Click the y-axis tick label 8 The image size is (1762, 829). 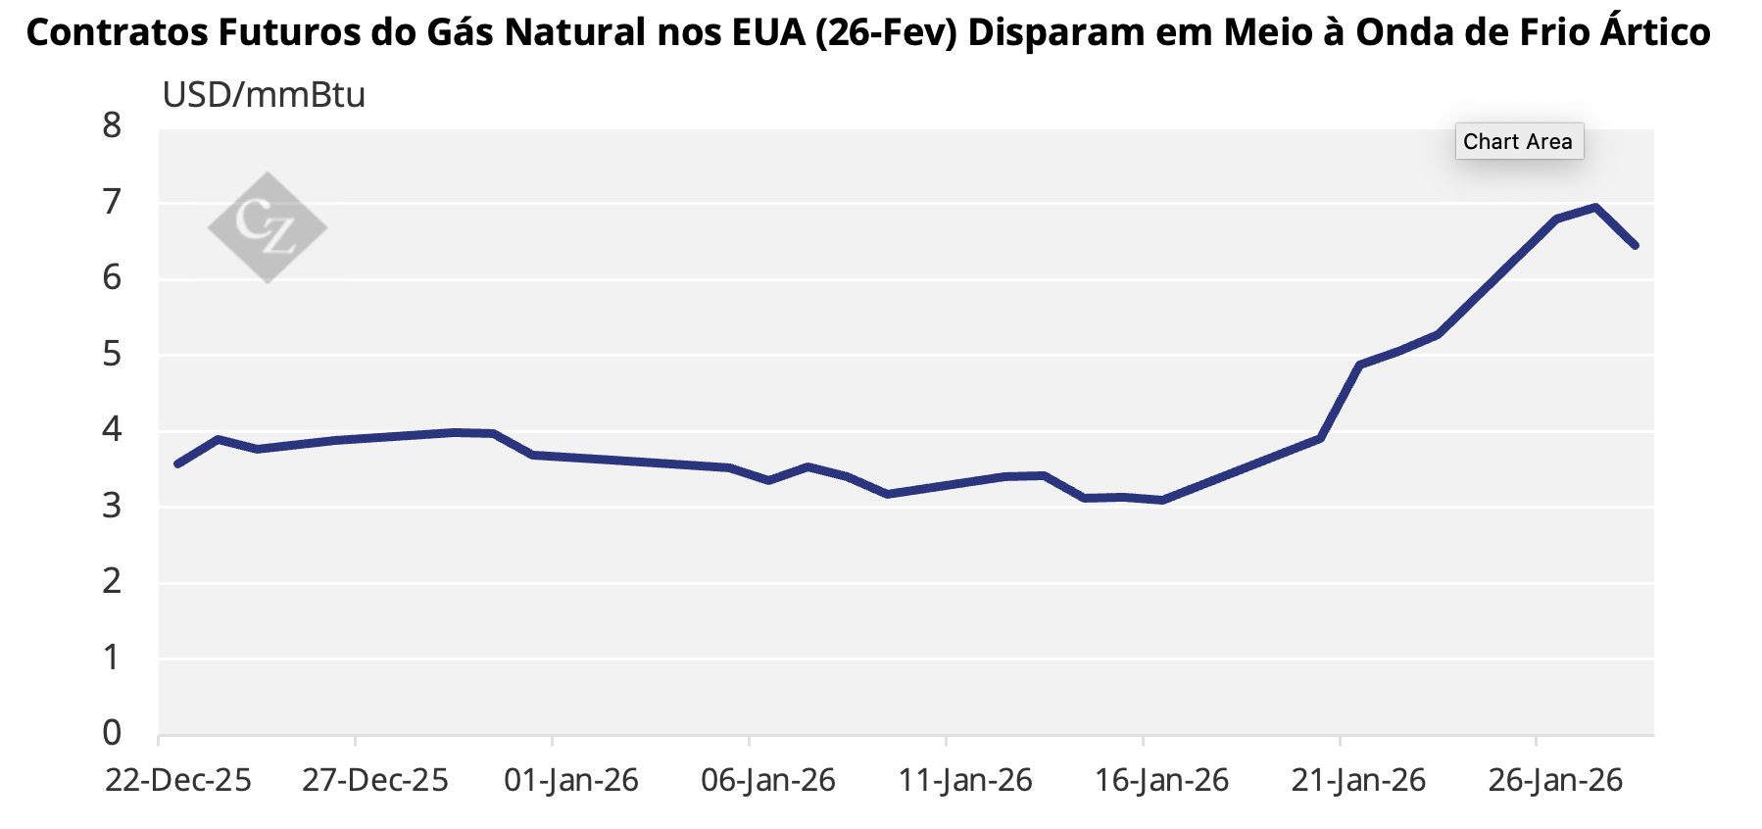point(112,125)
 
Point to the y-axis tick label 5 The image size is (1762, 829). point(112,354)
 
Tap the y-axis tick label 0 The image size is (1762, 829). point(112,733)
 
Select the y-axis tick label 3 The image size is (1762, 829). point(112,506)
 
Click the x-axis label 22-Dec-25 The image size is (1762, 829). point(178,781)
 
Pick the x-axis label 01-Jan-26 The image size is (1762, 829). point(571,781)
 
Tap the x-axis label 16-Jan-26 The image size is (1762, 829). point(1161,781)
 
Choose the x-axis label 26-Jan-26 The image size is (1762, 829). point(1555,781)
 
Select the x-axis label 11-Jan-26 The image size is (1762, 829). point(965,781)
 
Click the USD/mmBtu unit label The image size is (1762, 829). point(264,95)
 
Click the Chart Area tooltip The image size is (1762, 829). point(1518,142)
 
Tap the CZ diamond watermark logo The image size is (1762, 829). point(268,227)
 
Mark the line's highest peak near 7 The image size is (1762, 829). point(1595,208)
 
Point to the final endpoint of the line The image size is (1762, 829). point(1635,245)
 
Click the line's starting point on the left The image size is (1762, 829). point(177,463)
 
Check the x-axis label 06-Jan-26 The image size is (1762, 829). point(768,781)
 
